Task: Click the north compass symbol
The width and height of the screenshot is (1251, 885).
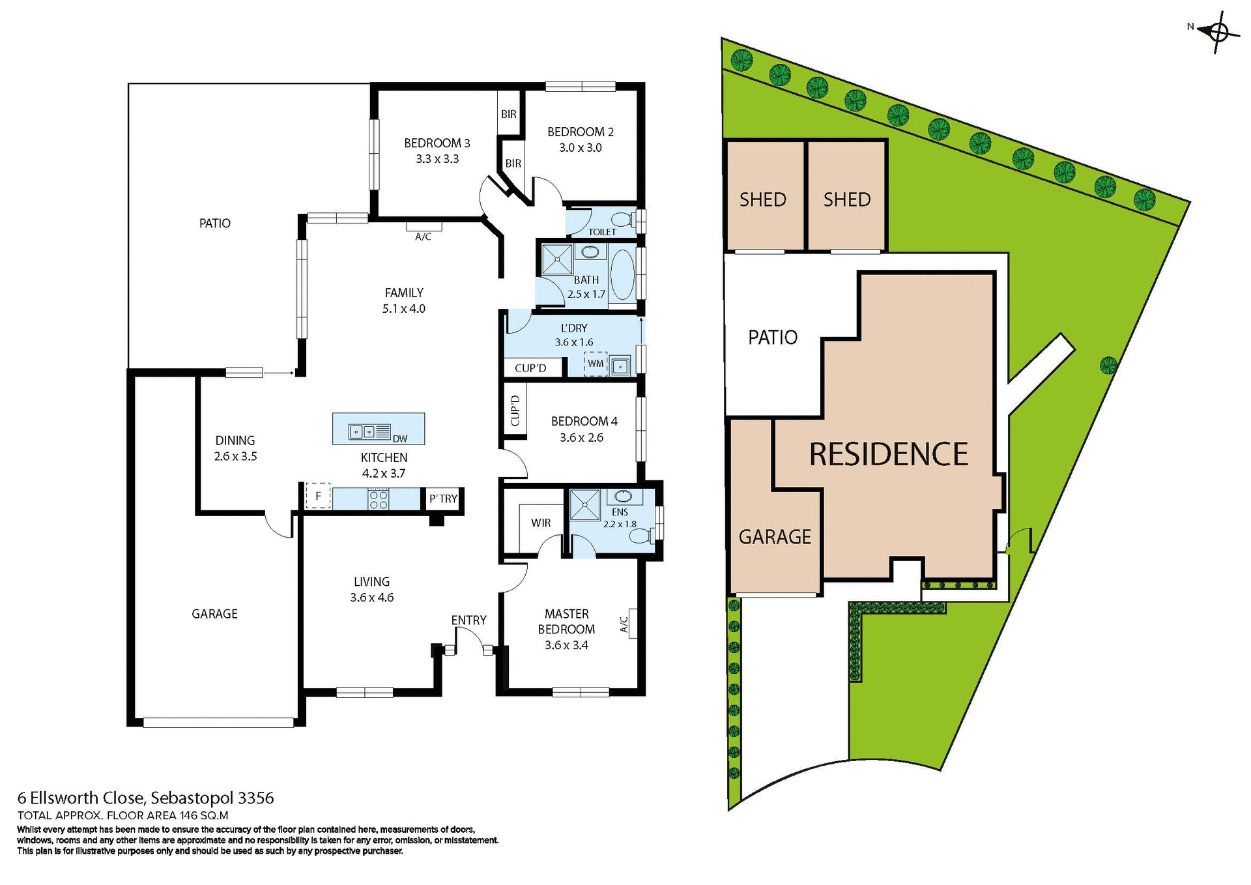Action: point(1220,31)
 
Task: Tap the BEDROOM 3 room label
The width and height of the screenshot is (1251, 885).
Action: point(437,143)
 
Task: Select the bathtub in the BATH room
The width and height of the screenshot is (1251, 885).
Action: point(622,273)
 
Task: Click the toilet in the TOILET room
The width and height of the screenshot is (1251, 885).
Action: point(625,218)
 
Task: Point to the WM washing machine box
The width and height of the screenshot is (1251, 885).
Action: point(596,364)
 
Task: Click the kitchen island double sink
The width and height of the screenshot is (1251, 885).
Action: point(362,431)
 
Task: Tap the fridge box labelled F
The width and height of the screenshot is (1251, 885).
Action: point(318,496)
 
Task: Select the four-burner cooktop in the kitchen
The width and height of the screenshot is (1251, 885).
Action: point(379,499)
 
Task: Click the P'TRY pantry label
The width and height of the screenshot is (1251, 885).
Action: point(443,499)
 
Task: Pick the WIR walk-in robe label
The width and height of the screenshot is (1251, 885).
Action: point(541,523)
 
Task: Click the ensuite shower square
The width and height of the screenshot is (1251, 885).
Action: point(584,505)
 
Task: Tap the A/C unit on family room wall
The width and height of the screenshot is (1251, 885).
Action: point(424,227)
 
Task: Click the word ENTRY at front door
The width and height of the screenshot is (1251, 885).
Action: point(468,620)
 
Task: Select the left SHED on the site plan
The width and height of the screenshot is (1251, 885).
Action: point(764,197)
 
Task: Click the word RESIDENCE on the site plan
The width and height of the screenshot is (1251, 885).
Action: point(888,454)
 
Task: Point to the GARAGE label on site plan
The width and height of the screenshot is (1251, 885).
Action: point(775,537)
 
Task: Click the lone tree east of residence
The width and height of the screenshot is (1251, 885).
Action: point(1108,365)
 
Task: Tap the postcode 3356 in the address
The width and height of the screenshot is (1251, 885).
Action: point(256,798)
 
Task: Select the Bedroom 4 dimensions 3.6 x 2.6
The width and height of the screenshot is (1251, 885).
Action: point(581,437)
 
